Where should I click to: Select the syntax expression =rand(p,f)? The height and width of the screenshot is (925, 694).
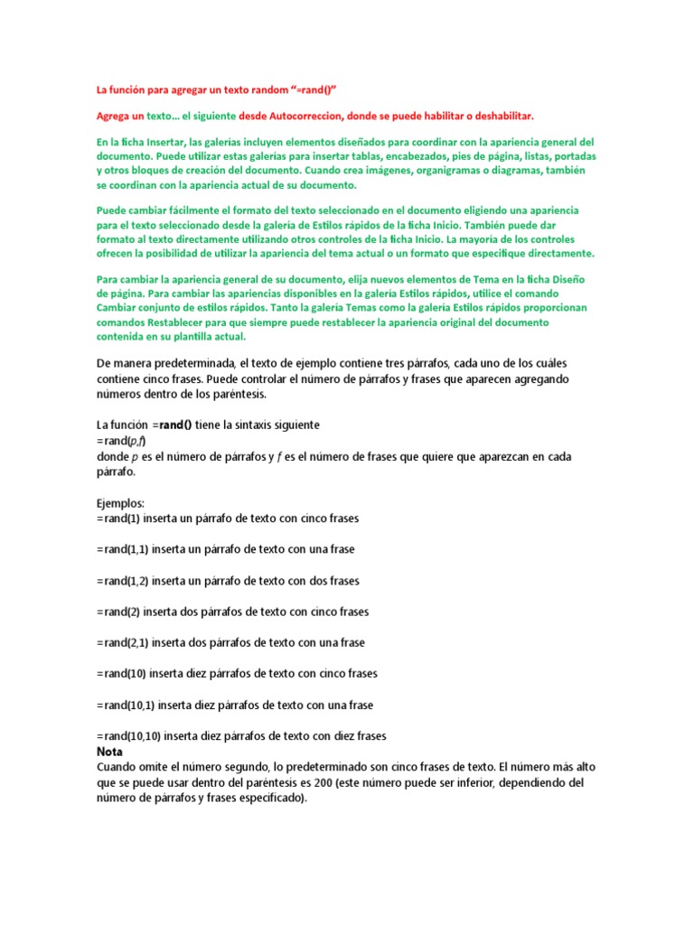[x=119, y=441]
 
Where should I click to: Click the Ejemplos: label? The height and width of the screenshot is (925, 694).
[x=120, y=502]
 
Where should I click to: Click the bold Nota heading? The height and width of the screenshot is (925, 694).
[x=109, y=752]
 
